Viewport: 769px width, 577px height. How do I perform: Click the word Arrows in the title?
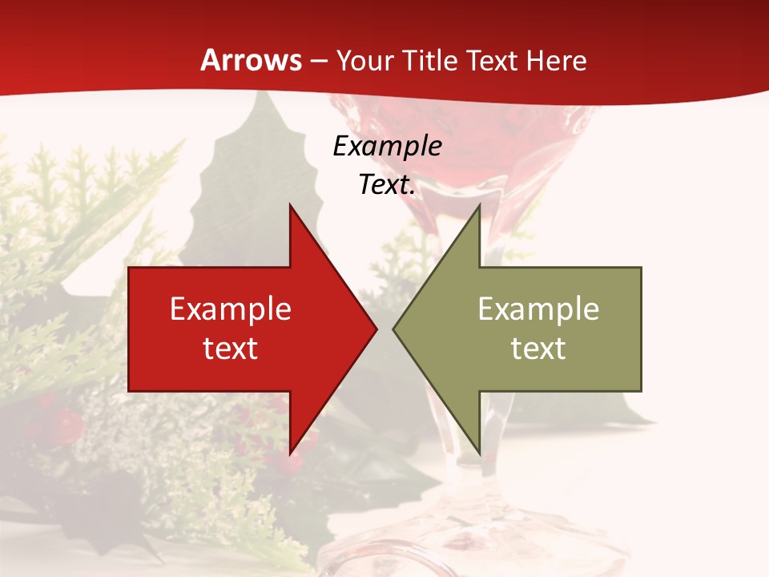pyautogui.click(x=252, y=60)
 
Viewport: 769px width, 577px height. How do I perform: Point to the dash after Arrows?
pyautogui.click(x=318, y=61)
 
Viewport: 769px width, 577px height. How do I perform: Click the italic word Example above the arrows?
pyautogui.click(x=387, y=147)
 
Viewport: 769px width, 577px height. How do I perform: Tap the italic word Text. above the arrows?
pyautogui.click(x=387, y=185)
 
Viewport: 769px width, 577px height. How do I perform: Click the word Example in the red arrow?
pyautogui.click(x=231, y=309)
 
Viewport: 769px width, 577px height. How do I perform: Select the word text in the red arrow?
pyautogui.click(x=231, y=348)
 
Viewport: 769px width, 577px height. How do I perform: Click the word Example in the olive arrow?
pyautogui.click(x=538, y=309)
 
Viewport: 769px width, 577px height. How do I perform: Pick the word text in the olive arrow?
pyautogui.click(x=538, y=348)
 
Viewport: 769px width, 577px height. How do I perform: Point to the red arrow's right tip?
pyautogui.click(x=376, y=329)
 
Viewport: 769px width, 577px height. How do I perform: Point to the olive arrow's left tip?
pyautogui.click(x=393, y=329)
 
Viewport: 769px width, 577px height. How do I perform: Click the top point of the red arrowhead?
pyautogui.click(x=290, y=205)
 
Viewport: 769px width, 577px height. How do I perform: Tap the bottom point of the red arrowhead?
pyautogui.click(x=290, y=454)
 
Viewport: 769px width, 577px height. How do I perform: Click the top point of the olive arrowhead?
pyautogui.click(x=479, y=205)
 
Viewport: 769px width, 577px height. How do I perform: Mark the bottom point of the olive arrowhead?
pyautogui.click(x=479, y=454)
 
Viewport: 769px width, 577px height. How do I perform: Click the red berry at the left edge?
pyautogui.click(x=67, y=422)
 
